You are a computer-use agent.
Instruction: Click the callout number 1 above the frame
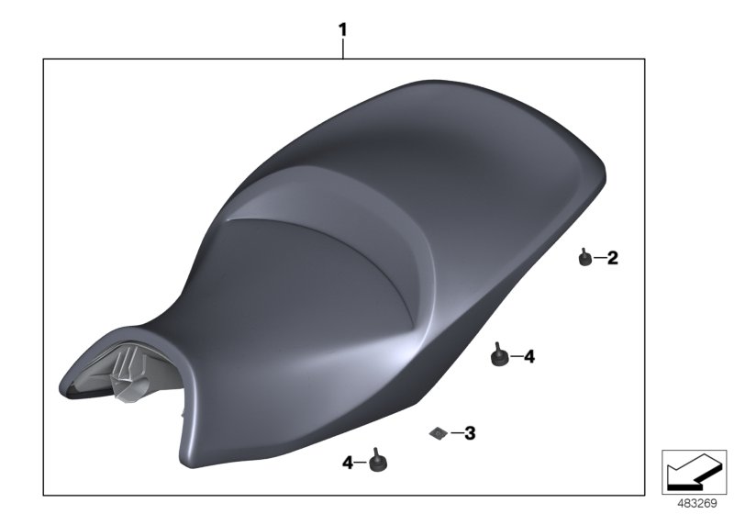(x=342, y=30)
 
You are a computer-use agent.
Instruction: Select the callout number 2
(x=612, y=258)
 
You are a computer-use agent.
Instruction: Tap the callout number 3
(x=470, y=433)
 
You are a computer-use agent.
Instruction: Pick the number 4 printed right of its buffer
(x=529, y=357)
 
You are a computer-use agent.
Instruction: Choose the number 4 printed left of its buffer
(x=348, y=463)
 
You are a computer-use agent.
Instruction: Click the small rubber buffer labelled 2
(x=584, y=258)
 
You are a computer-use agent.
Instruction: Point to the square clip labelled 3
(x=438, y=434)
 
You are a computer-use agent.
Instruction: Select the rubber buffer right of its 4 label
(x=378, y=462)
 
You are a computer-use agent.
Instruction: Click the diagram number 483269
(x=697, y=504)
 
